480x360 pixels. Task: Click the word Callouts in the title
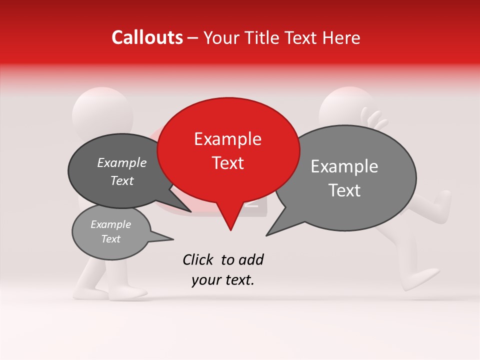(147, 37)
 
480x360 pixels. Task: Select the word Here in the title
(341, 38)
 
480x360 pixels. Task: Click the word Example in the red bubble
(227, 139)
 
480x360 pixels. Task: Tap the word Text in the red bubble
(227, 163)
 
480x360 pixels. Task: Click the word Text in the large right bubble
(344, 190)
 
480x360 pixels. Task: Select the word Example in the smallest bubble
(110, 224)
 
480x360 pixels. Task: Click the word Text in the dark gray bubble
(122, 180)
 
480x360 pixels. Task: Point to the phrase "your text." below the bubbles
(222, 280)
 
